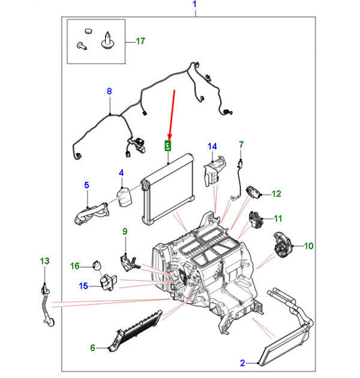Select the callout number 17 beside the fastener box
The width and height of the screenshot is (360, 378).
click(x=140, y=41)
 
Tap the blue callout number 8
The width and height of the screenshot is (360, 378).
click(x=109, y=92)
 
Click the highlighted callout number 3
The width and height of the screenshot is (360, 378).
click(x=168, y=145)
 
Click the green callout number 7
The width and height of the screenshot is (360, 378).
click(x=241, y=145)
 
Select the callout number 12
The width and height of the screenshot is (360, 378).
click(x=276, y=194)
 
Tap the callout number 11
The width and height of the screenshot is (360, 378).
click(x=278, y=218)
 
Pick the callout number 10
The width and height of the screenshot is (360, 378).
click(x=308, y=245)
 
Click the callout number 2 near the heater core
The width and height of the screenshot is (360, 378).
click(x=242, y=362)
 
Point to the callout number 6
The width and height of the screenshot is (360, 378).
click(x=93, y=347)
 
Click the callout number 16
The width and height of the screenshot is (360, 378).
click(x=75, y=266)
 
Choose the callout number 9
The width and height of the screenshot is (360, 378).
click(x=125, y=232)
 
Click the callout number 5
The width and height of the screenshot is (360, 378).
click(x=86, y=185)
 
